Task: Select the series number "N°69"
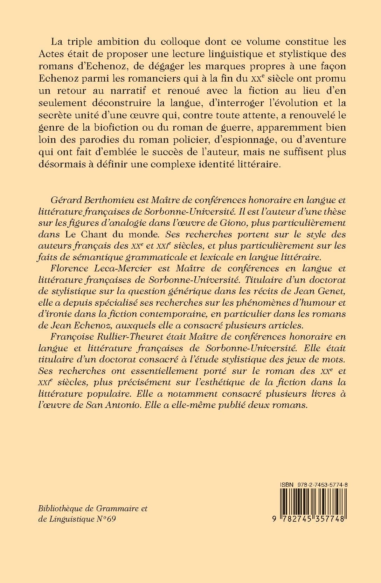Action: pos(106,519)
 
